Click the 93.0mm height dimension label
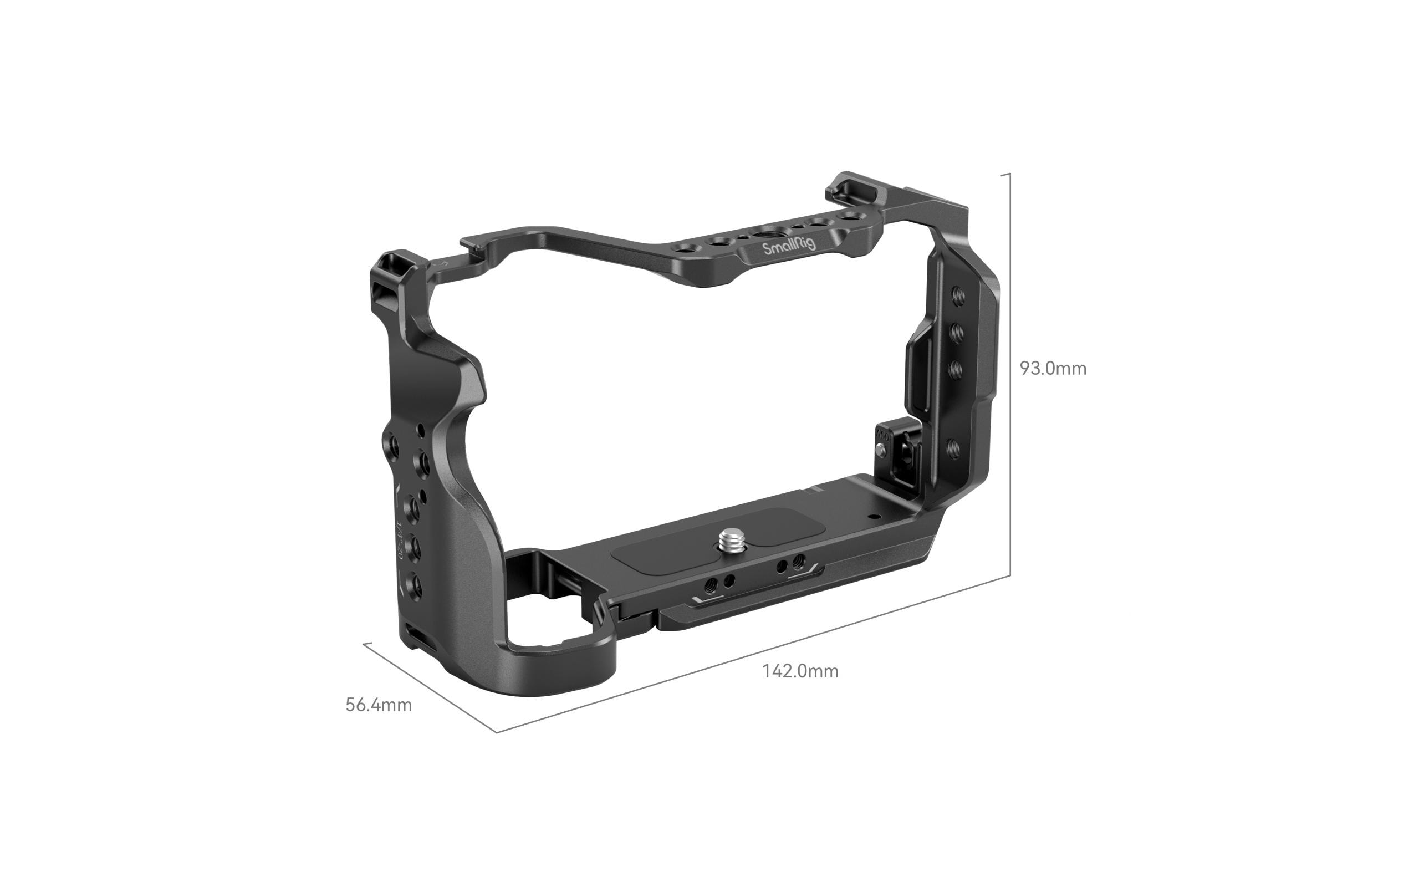(1053, 369)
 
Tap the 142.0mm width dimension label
(800, 671)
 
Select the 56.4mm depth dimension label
(379, 705)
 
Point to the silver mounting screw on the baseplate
(728, 538)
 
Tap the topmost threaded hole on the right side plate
(958, 298)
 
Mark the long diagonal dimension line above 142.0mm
(755, 655)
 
